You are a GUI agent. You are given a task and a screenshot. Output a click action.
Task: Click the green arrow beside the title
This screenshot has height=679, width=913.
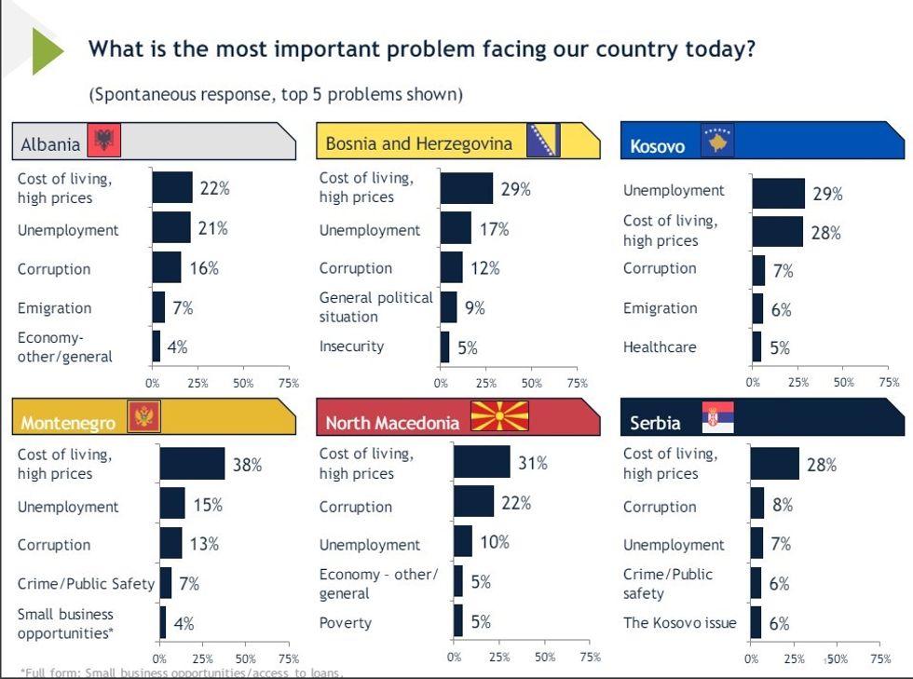pyautogui.click(x=47, y=51)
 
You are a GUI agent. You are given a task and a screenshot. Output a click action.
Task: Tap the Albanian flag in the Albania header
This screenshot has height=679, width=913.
pyautogui.click(x=102, y=143)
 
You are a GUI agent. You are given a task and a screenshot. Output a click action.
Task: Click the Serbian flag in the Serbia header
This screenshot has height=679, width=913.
pyautogui.click(x=717, y=417)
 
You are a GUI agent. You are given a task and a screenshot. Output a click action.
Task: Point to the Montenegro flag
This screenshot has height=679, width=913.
pyautogui.click(x=143, y=416)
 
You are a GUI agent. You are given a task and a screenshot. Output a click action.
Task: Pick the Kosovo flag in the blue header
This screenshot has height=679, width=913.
pyautogui.click(x=717, y=143)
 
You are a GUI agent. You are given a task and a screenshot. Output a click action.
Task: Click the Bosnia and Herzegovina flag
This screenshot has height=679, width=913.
pyautogui.click(x=543, y=142)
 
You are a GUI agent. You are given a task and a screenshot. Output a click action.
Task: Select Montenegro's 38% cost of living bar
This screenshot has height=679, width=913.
pyautogui.click(x=192, y=463)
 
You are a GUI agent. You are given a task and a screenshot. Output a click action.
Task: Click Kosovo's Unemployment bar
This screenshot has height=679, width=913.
pyautogui.click(x=778, y=193)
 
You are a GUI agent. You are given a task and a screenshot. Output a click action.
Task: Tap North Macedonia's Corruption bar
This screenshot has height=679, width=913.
pyautogui.click(x=473, y=502)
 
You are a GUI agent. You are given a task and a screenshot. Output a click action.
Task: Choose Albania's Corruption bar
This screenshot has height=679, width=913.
pyautogui.click(x=167, y=267)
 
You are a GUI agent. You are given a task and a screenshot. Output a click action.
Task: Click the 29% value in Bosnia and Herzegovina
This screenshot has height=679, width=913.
pyautogui.click(x=515, y=189)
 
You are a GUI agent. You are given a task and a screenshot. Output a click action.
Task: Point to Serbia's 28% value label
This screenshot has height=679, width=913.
pyautogui.click(x=822, y=465)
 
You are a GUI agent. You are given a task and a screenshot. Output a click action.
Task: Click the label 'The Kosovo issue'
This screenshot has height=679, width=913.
pyautogui.click(x=679, y=623)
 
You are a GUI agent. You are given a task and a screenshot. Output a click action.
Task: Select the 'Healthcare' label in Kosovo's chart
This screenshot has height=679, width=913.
pyautogui.click(x=660, y=346)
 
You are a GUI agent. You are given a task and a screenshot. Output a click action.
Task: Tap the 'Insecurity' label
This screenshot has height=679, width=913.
pyautogui.click(x=351, y=346)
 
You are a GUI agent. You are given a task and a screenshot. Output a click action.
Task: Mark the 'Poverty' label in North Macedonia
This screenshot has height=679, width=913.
pyautogui.click(x=345, y=623)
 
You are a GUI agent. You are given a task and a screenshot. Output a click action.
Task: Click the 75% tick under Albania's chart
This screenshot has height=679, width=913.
pyautogui.click(x=289, y=383)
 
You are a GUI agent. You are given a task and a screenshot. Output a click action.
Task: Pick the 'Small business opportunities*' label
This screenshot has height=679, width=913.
pyautogui.click(x=65, y=624)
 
